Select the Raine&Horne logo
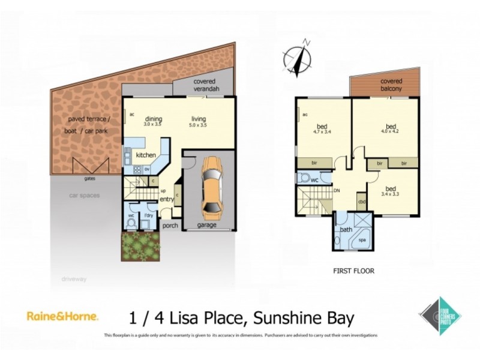pyautogui.click(x=62, y=316)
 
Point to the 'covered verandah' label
pyautogui.click(x=205, y=85)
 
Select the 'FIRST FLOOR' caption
pyautogui.click(x=353, y=271)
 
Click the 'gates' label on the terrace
pyautogui.click(x=90, y=178)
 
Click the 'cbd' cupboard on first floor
pyautogui.click(x=361, y=201)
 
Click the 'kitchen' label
pyautogui.click(x=146, y=155)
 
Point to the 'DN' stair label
pyautogui.click(x=337, y=191)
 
